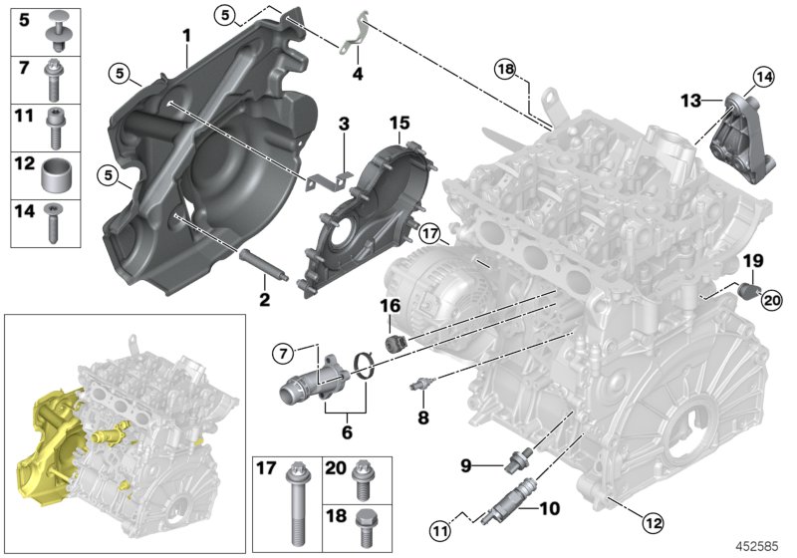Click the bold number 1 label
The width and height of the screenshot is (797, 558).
pos(186,36)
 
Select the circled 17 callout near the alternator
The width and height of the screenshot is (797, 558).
pos(429,234)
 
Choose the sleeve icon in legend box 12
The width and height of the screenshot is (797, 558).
pos(56,176)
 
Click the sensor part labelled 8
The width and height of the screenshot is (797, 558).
pos(421,385)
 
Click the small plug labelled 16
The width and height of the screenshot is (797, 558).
pos(395,342)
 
